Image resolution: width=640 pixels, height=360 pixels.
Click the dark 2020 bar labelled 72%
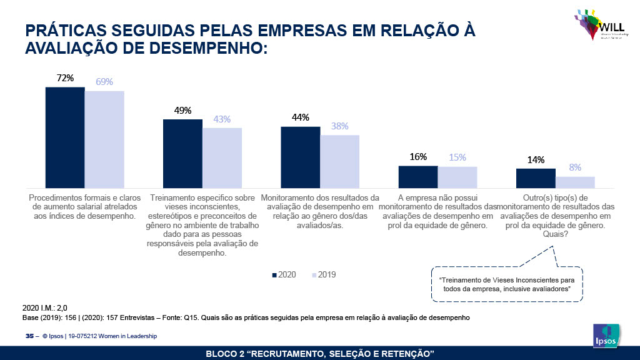click(x=65, y=137)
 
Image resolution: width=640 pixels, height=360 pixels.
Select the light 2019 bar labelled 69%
click(x=104, y=139)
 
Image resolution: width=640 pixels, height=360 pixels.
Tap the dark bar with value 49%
click(x=182, y=154)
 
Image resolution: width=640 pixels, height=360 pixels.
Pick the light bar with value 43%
click(x=222, y=157)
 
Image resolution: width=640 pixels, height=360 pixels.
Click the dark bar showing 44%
click(x=300, y=157)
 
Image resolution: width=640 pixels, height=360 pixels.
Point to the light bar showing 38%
click(x=339, y=161)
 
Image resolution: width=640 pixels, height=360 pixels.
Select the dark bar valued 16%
click(x=417, y=177)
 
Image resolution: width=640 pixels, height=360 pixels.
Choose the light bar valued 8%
click(x=575, y=182)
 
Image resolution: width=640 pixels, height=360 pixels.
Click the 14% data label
click(x=536, y=159)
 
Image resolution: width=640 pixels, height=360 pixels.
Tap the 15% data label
click(x=457, y=157)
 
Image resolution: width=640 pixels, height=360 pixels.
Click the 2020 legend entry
click(x=284, y=274)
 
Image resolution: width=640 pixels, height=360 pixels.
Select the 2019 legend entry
click(x=322, y=274)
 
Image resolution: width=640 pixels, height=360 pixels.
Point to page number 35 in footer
click(x=29, y=336)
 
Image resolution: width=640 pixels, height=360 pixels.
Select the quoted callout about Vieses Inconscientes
click(x=507, y=285)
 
